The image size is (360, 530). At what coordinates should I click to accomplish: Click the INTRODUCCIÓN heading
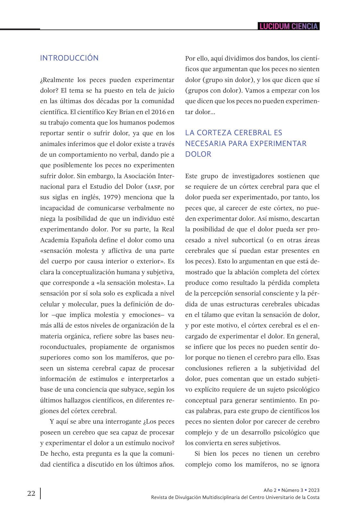click(x=69, y=58)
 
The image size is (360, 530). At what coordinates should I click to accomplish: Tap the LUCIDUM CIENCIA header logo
click(x=289, y=26)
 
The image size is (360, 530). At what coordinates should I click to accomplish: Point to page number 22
click(x=31, y=493)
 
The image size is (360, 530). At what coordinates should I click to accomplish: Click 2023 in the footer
click(x=314, y=490)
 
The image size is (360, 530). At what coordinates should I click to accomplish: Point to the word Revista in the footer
click(x=159, y=497)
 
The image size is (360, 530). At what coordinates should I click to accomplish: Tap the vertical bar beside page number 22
click(x=40, y=493)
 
